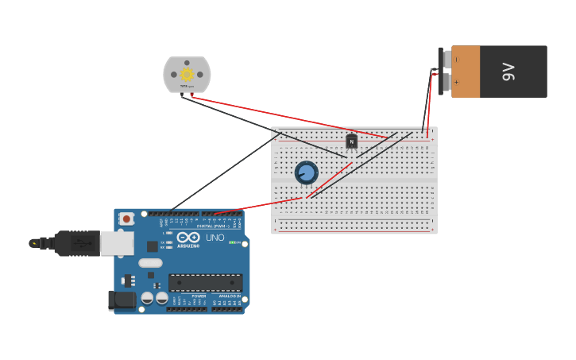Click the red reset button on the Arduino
coord(126,219)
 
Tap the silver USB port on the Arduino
coord(117,243)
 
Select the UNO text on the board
coord(215,238)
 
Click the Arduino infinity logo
coord(188,238)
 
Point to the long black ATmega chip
coord(205,282)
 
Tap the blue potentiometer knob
coord(306,172)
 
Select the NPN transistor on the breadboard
coord(351,141)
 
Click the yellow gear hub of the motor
coord(187,74)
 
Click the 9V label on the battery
coord(509,72)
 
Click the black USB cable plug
coord(75,243)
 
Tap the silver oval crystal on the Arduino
coord(150,262)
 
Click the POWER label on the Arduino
coord(199,296)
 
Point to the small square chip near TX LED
coord(152,246)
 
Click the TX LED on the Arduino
coord(168,242)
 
